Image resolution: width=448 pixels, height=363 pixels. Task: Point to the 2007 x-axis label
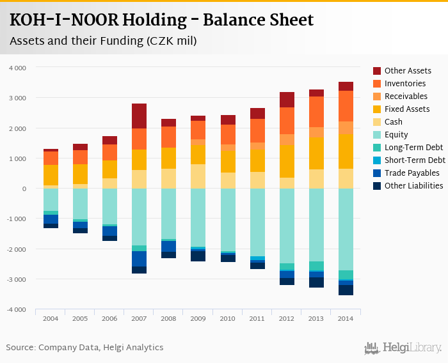(139, 318)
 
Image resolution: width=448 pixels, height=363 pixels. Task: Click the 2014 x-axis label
(346, 318)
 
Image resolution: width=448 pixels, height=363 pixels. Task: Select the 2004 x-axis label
(51, 318)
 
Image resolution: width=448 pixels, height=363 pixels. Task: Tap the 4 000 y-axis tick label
(18, 68)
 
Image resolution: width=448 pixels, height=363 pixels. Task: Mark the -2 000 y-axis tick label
(17, 249)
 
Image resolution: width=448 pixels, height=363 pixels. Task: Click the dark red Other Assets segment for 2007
(139, 116)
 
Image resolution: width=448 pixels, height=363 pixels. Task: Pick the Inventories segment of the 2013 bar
(316, 112)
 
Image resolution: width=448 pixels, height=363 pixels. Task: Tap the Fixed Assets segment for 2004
(51, 175)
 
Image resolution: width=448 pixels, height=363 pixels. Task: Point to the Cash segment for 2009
(198, 176)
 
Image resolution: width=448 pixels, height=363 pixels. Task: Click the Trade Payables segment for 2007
(139, 259)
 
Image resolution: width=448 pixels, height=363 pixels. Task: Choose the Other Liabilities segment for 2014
(346, 290)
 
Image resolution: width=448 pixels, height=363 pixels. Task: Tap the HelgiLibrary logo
(403, 348)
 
